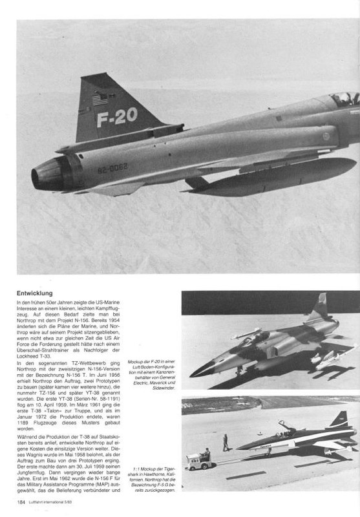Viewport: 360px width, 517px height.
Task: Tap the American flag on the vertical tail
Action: (x=100, y=100)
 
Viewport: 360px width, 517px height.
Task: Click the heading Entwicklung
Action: (x=36, y=293)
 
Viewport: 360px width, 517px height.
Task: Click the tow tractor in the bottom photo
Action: (x=195, y=460)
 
